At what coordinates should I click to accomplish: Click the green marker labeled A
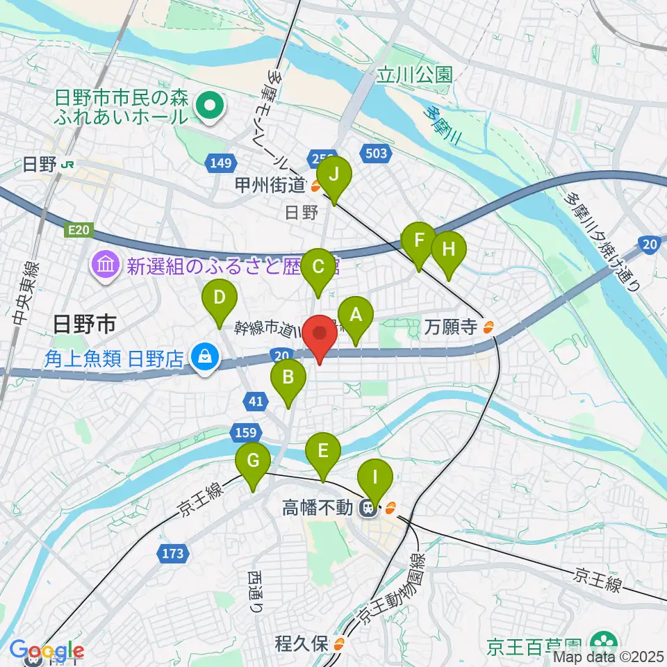tap(356, 316)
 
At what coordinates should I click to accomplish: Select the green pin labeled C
tap(319, 266)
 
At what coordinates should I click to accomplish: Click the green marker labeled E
tap(323, 450)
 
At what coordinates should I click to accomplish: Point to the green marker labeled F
tap(419, 242)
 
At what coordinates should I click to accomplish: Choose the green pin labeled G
tap(253, 461)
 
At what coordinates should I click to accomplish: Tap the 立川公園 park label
tap(415, 73)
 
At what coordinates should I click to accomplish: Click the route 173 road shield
tap(173, 554)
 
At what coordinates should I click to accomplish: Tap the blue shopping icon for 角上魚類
tap(205, 359)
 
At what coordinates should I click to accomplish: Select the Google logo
tap(47, 651)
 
